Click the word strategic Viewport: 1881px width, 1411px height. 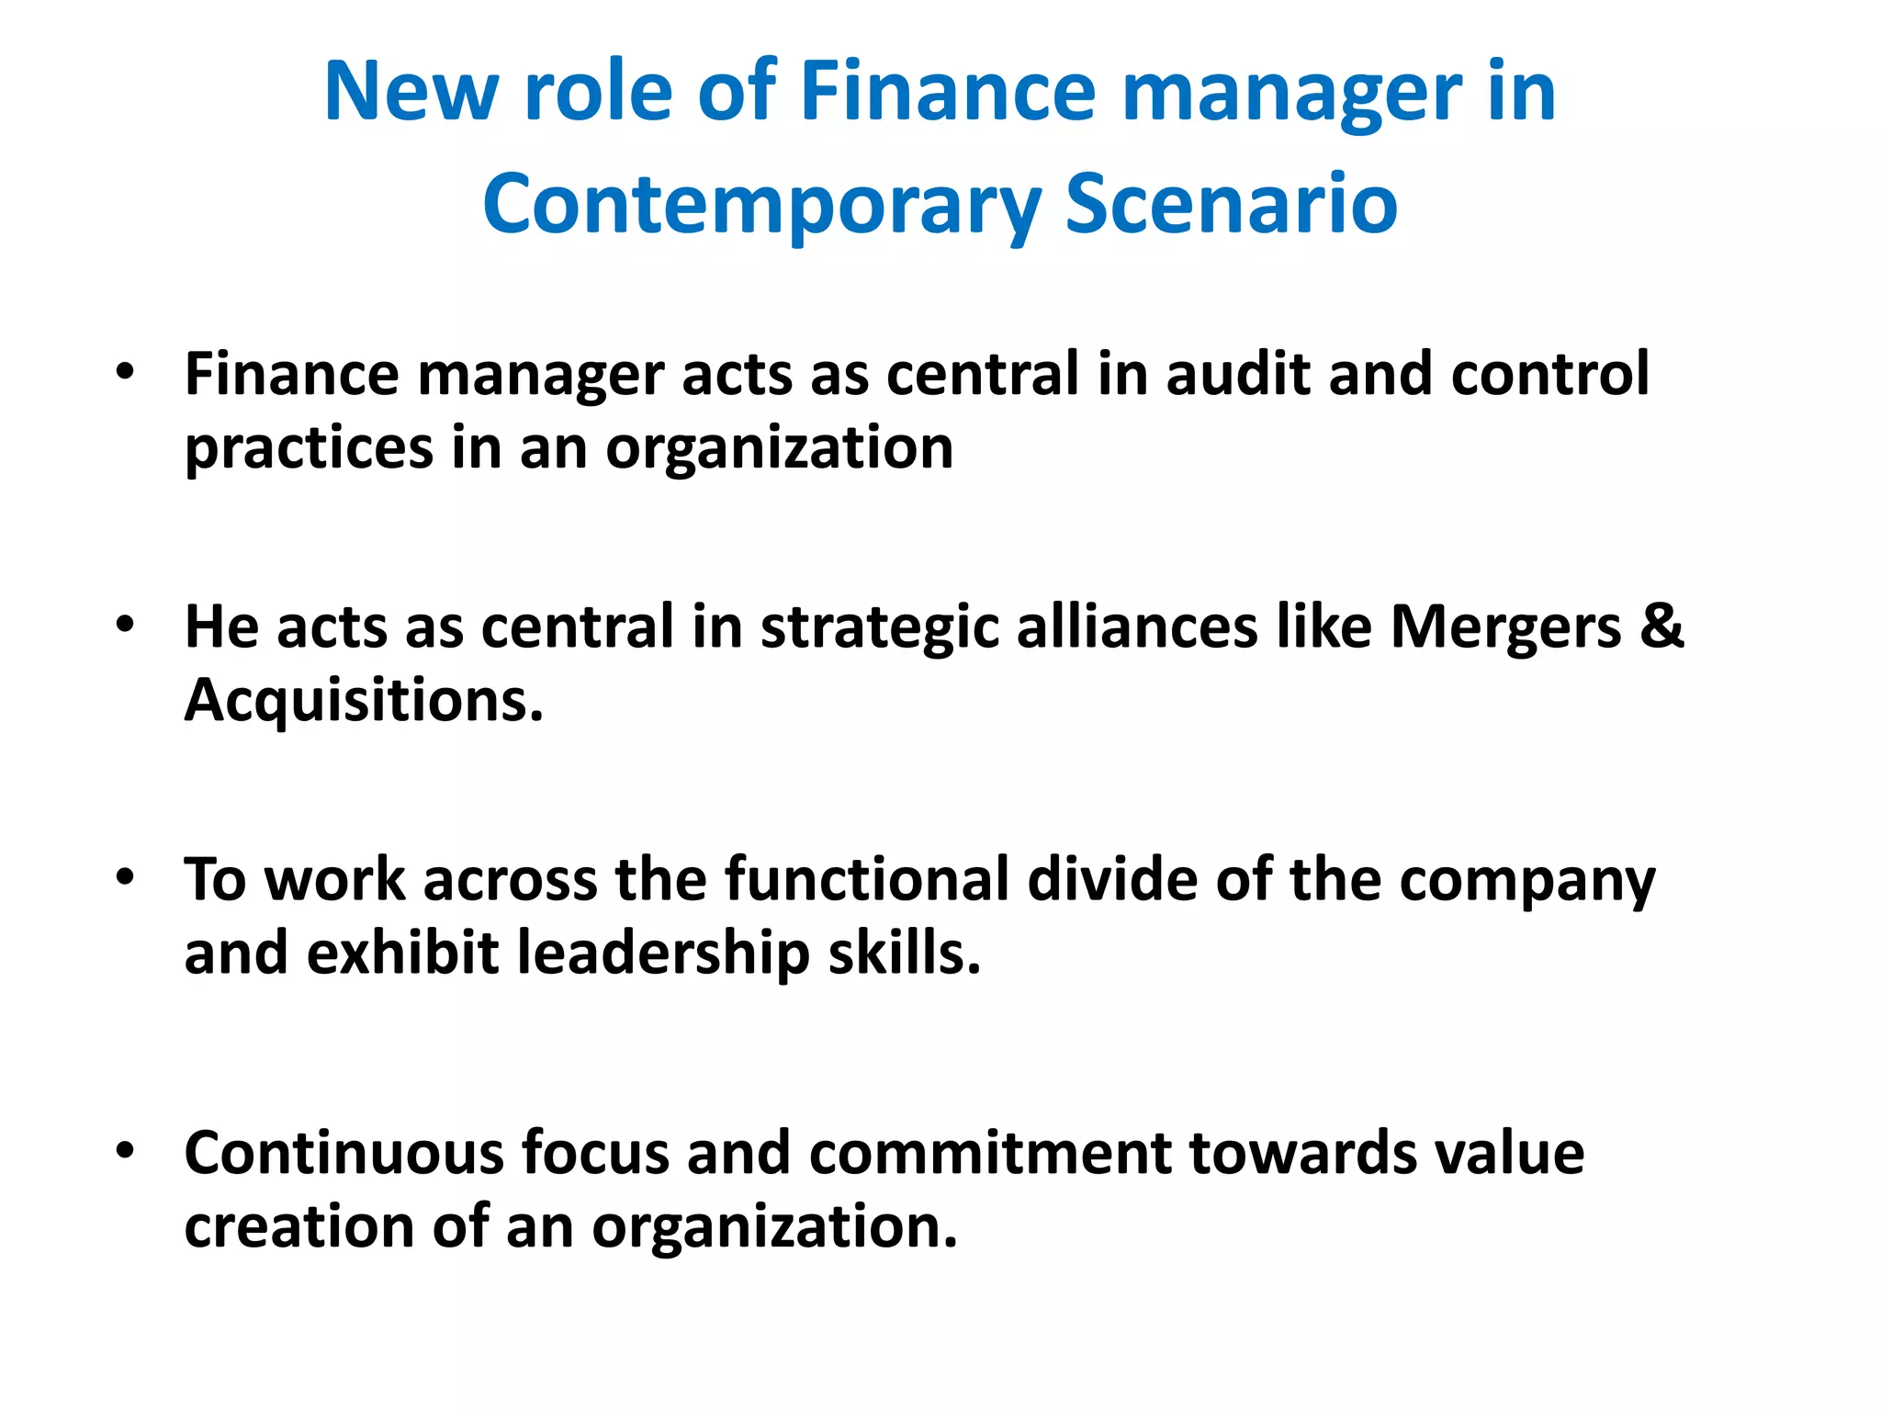(879, 627)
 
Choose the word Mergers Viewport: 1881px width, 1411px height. (1506, 627)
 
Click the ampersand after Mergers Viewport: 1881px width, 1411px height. (1662, 627)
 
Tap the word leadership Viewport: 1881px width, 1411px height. (663, 953)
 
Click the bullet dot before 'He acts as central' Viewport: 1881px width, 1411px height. (126, 626)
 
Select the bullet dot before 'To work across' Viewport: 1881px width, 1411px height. (126, 877)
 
